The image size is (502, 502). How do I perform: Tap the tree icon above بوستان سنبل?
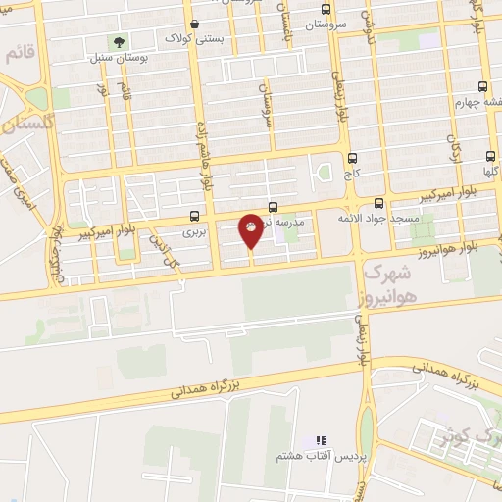click(x=119, y=42)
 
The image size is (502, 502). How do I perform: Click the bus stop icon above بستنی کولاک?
click(x=195, y=25)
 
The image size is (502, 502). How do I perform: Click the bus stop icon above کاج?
click(x=352, y=156)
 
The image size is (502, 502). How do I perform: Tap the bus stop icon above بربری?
click(x=194, y=217)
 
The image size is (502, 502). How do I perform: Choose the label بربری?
click(x=195, y=233)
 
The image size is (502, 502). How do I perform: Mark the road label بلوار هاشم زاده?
click(x=208, y=157)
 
